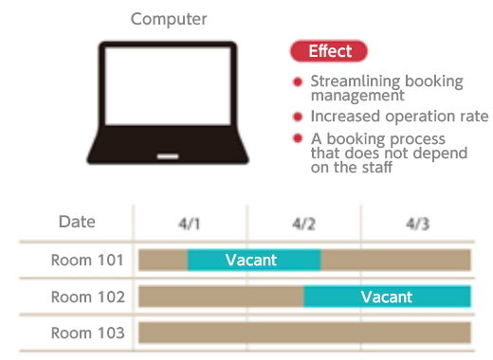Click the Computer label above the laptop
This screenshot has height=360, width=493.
169,19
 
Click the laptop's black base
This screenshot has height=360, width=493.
168,153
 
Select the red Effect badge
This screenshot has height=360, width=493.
330,52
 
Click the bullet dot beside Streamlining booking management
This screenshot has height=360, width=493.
298,82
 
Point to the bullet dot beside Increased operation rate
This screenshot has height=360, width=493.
298,117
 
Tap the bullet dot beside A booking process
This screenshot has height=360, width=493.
298,138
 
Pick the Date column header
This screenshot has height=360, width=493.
77,222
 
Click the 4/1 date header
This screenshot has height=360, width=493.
190,224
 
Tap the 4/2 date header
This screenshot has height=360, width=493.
303,224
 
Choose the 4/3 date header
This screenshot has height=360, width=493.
417,224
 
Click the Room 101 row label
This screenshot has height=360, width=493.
88,259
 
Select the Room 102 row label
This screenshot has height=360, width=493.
88,297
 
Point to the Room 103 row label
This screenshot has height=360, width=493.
88,333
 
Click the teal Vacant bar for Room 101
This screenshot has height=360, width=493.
253,260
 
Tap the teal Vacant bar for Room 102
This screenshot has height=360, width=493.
387,297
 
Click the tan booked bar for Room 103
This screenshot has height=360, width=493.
304,333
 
